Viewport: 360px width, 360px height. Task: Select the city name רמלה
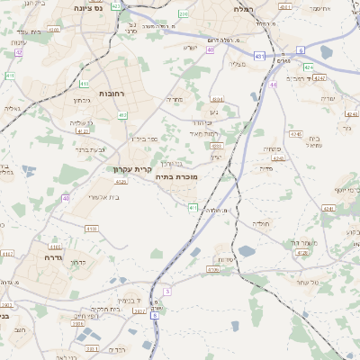pos(243,8)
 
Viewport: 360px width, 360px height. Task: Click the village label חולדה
pos(261,222)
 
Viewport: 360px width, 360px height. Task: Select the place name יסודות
pos(226,259)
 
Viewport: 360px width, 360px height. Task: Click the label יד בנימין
pos(130,301)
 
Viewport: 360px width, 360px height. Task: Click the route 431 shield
pos(259,56)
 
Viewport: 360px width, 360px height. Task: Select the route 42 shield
pos(18,52)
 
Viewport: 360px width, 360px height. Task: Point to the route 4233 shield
pos(216,145)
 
